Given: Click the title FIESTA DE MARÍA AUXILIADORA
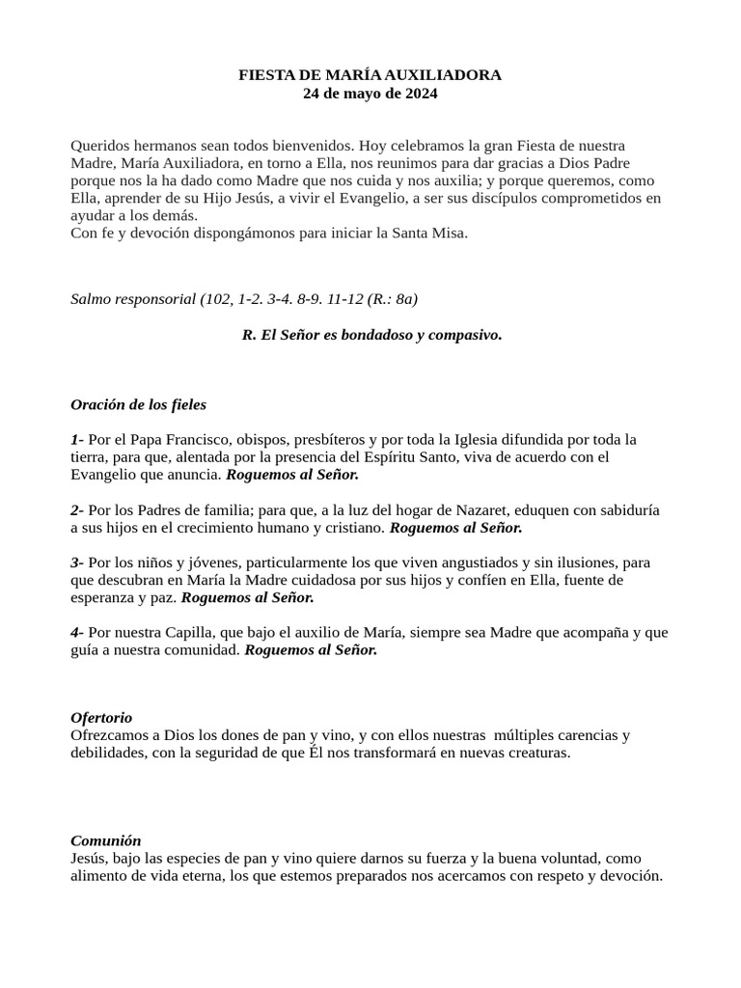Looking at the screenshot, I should pos(370,74).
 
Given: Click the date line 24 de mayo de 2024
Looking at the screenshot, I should pos(370,94).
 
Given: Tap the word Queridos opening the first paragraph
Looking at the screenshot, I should pos(98,146).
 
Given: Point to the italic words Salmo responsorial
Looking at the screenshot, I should pos(133,299).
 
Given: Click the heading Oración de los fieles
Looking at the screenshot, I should pos(138,404).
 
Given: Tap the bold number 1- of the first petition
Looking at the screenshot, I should pos(77,439).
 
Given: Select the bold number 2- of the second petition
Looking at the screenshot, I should pos(77,509).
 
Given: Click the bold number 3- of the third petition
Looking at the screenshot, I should pos(77,562).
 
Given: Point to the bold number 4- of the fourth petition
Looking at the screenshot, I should pos(77,632).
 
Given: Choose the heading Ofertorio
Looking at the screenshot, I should pos(101,718).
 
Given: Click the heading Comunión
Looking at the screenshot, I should pos(106,840).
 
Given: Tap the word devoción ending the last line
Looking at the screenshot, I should pos(630,875).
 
